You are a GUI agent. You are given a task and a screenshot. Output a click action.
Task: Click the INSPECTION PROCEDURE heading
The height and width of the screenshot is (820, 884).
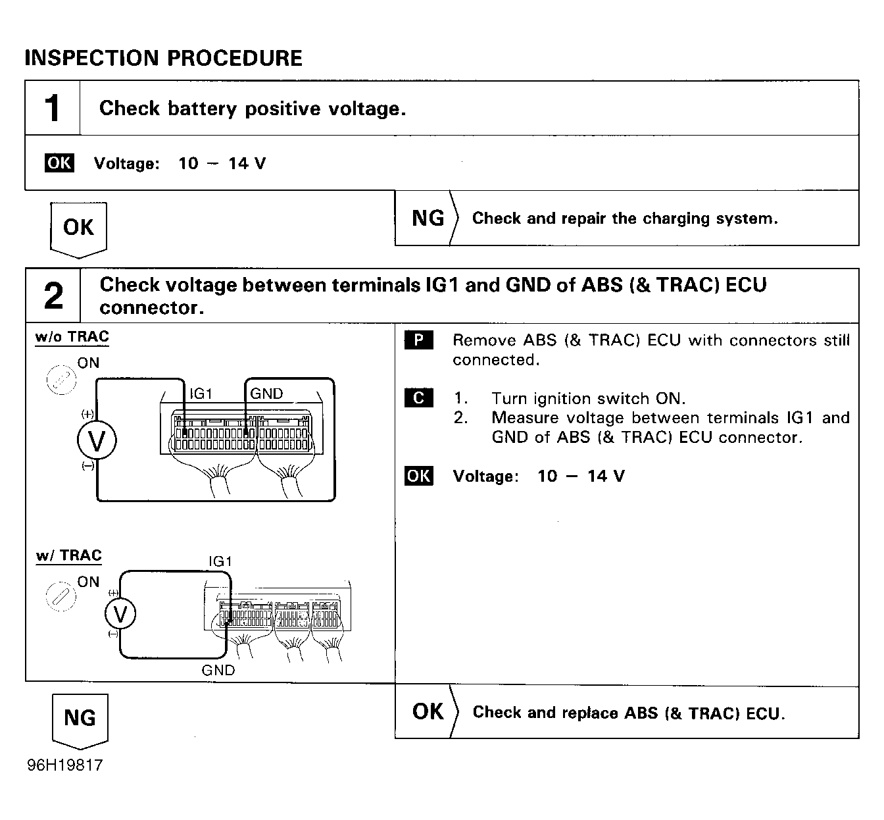[x=163, y=59]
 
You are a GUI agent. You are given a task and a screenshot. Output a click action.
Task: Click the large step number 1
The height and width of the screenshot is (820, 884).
[x=52, y=108]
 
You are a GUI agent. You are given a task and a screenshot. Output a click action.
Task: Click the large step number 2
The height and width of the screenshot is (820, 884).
[x=53, y=295]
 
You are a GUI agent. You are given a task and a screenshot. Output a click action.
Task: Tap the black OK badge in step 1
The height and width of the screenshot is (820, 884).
[x=59, y=163]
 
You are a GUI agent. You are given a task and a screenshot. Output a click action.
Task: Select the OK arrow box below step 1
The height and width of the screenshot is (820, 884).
[x=78, y=230]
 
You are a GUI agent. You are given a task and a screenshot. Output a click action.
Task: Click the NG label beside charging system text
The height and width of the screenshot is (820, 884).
[x=428, y=218]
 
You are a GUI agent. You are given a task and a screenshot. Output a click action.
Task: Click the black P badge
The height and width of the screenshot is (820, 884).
[x=418, y=340]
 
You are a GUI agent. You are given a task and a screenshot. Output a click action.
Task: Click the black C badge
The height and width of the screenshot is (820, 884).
[x=418, y=397]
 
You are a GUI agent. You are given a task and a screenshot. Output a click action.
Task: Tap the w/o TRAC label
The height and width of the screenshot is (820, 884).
[x=72, y=337]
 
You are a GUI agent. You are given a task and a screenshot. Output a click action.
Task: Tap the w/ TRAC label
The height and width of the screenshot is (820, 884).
[x=69, y=556]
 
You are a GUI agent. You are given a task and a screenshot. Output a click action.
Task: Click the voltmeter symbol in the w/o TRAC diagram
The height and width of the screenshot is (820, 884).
[x=97, y=440]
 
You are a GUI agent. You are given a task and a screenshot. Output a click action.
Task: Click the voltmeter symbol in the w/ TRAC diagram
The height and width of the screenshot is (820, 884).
[x=120, y=614]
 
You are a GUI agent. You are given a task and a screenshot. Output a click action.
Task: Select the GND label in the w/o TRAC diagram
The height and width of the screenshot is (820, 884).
[x=266, y=394]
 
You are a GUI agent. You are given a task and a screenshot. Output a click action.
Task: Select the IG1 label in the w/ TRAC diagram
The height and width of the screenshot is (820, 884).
[x=220, y=561]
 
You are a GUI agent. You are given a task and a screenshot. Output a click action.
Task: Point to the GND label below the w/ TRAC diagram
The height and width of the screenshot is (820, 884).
[x=218, y=671]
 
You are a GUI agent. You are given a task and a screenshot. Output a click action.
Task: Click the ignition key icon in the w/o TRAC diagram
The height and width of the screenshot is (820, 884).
[x=61, y=380]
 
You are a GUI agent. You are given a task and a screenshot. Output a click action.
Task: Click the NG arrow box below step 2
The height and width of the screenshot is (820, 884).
[x=80, y=721]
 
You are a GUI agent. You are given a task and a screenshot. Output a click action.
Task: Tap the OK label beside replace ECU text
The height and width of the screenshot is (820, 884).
[x=428, y=712]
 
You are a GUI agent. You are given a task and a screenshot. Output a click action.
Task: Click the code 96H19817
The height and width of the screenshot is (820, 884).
[x=65, y=765]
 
